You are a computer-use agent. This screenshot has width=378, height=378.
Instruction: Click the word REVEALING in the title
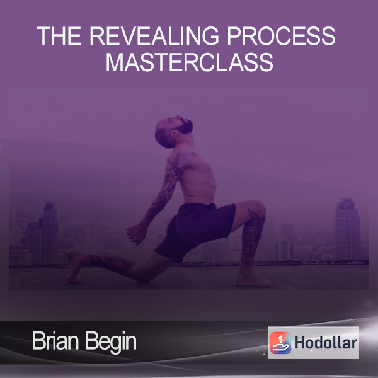pyautogui.click(x=154, y=36)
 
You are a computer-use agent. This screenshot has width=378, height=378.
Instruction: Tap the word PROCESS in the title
pyautogui.click(x=281, y=36)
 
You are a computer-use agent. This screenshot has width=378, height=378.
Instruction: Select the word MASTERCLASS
pyautogui.click(x=190, y=62)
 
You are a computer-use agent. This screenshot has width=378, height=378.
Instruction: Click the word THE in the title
pyautogui.click(x=59, y=36)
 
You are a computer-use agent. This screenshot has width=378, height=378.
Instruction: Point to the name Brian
pyautogui.click(x=56, y=341)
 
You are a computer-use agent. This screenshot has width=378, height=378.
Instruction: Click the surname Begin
pyautogui.click(x=111, y=342)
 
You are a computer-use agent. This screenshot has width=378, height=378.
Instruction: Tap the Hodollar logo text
pyautogui.click(x=326, y=343)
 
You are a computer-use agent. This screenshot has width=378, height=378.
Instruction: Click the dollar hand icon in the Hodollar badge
pyautogui.click(x=280, y=343)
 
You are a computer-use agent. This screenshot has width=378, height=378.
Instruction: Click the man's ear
pyautogui.click(x=174, y=133)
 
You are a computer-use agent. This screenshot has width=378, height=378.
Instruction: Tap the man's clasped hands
pyautogui.click(x=136, y=234)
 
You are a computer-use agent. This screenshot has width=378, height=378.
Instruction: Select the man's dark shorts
pyautogui.click(x=194, y=230)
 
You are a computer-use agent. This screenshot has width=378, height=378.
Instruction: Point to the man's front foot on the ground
pyautogui.click(x=256, y=281)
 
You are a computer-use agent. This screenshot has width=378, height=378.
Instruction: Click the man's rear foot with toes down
pyautogui.click(x=74, y=266)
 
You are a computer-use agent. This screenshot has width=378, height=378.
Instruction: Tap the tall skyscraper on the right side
pyautogui.click(x=347, y=229)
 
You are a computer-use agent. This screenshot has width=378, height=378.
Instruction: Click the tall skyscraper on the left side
pyautogui.click(x=50, y=233)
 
